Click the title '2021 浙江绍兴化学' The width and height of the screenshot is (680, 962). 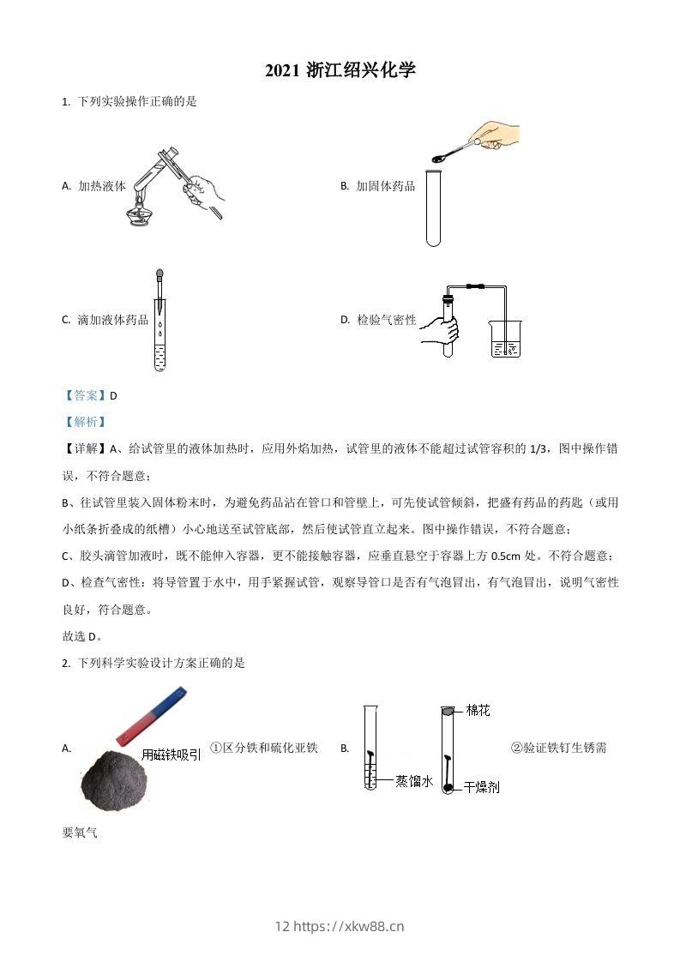click(340, 70)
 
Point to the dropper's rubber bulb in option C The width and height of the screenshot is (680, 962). click(159, 276)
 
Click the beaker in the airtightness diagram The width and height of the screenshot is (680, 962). click(505, 340)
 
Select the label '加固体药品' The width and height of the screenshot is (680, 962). click(385, 185)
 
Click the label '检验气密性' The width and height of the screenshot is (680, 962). click(386, 320)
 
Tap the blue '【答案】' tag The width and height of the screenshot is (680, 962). click(85, 395)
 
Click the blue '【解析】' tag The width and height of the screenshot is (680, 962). click(85, 421)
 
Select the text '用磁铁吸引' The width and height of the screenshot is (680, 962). click(172, 755)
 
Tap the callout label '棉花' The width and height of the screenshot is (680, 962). click(478, 710)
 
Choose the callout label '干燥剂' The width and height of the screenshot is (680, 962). click(481, 786)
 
